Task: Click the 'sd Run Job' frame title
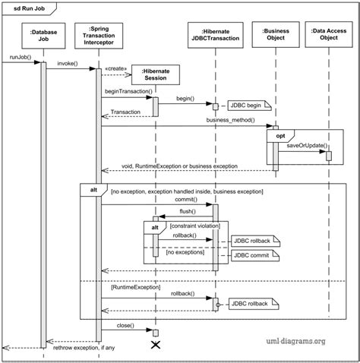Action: click(x=27, y=8)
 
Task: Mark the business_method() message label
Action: click(x=229, y=121)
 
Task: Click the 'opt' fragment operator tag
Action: click(x=280, y=134)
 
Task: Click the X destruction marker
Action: click(x=156, y=346)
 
